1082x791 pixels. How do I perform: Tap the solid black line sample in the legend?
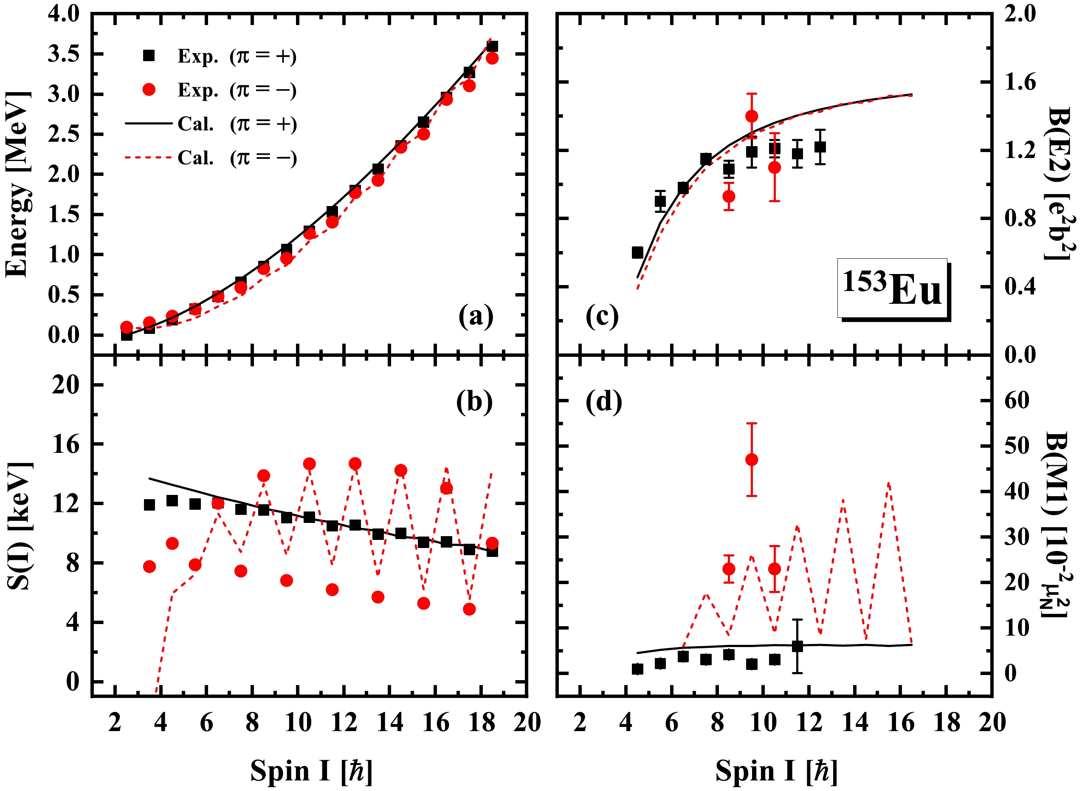148,124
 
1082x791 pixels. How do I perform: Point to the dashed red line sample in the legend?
148,157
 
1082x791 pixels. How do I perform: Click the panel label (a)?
476,316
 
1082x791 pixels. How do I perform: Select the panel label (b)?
474,401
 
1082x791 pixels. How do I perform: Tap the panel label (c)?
602,316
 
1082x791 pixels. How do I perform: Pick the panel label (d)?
604,401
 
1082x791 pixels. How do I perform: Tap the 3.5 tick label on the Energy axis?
64,54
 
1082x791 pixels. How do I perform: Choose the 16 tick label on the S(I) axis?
65,445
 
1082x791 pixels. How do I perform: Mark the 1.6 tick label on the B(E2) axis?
1020,82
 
